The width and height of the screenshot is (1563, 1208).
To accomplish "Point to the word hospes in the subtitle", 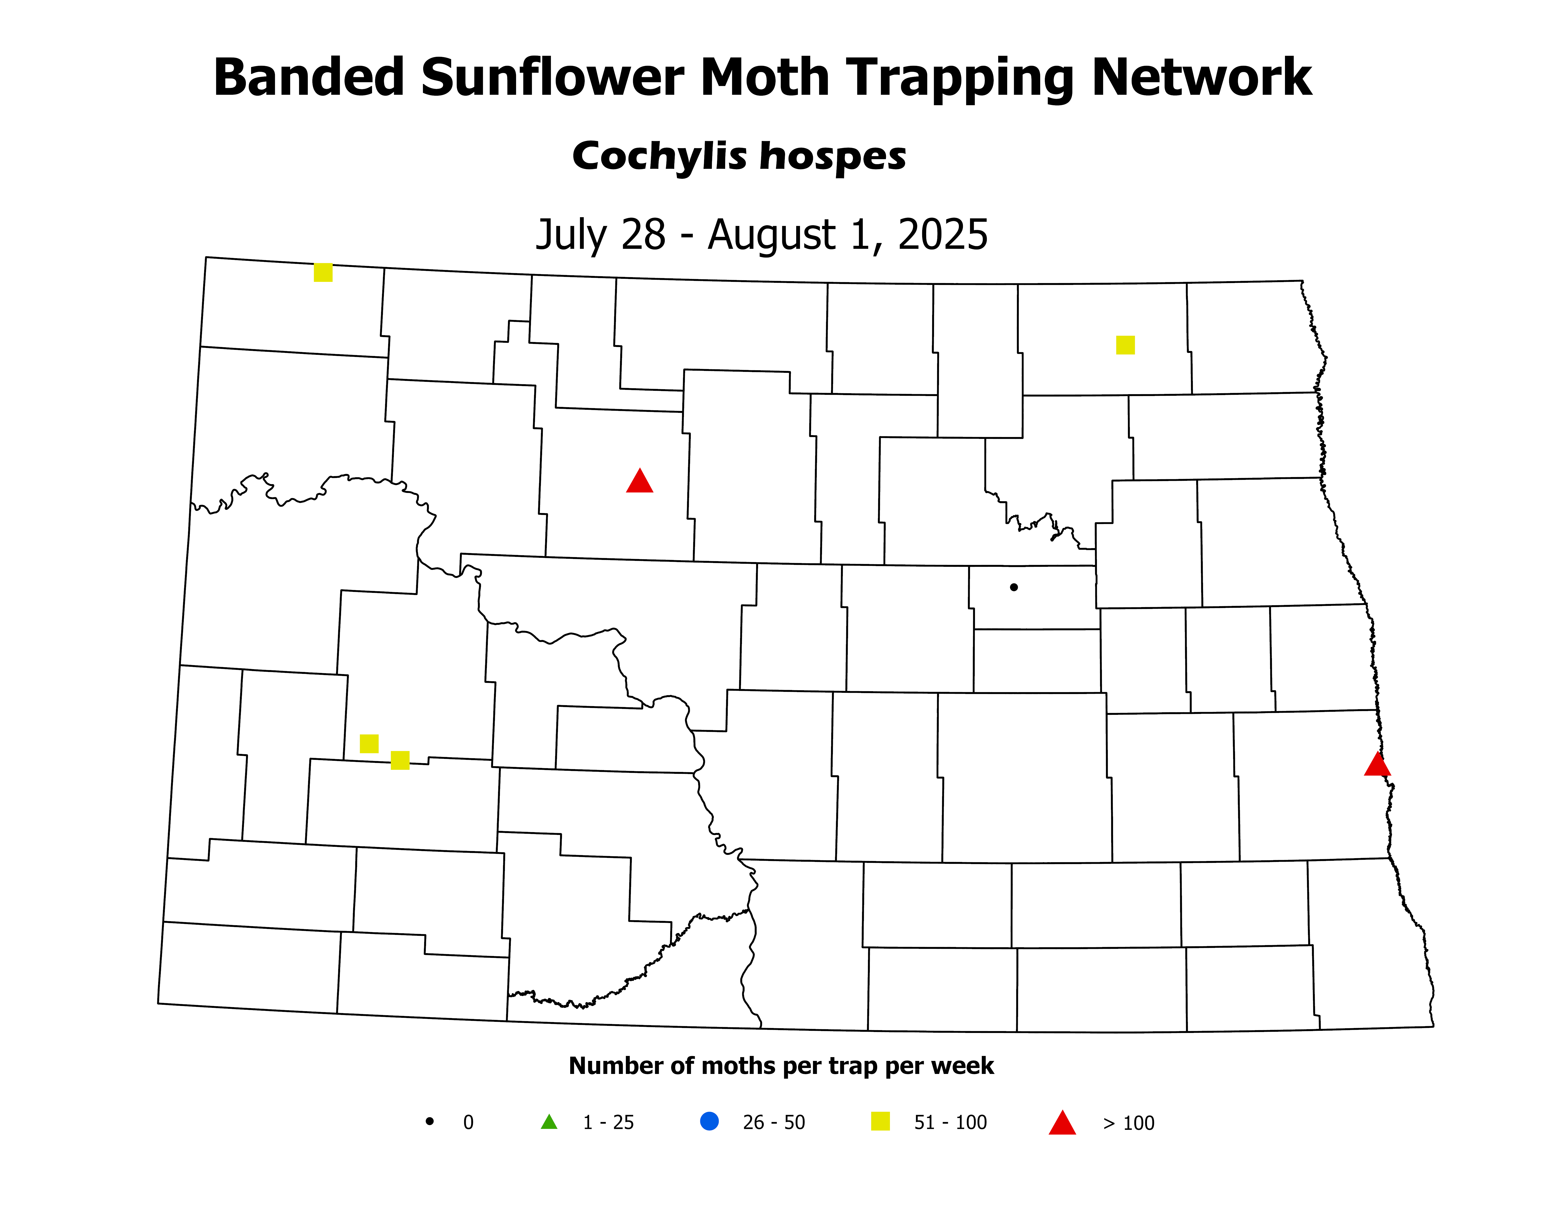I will click(x=832, y=158).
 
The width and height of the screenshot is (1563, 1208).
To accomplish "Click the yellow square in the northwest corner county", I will click(x=323, y=273).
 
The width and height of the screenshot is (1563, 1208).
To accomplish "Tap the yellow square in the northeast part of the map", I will click(x=1125, y=345).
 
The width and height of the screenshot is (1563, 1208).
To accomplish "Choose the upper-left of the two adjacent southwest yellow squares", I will click(x=368, y=744).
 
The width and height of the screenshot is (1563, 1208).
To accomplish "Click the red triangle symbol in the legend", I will click(x=1062, y=1123).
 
